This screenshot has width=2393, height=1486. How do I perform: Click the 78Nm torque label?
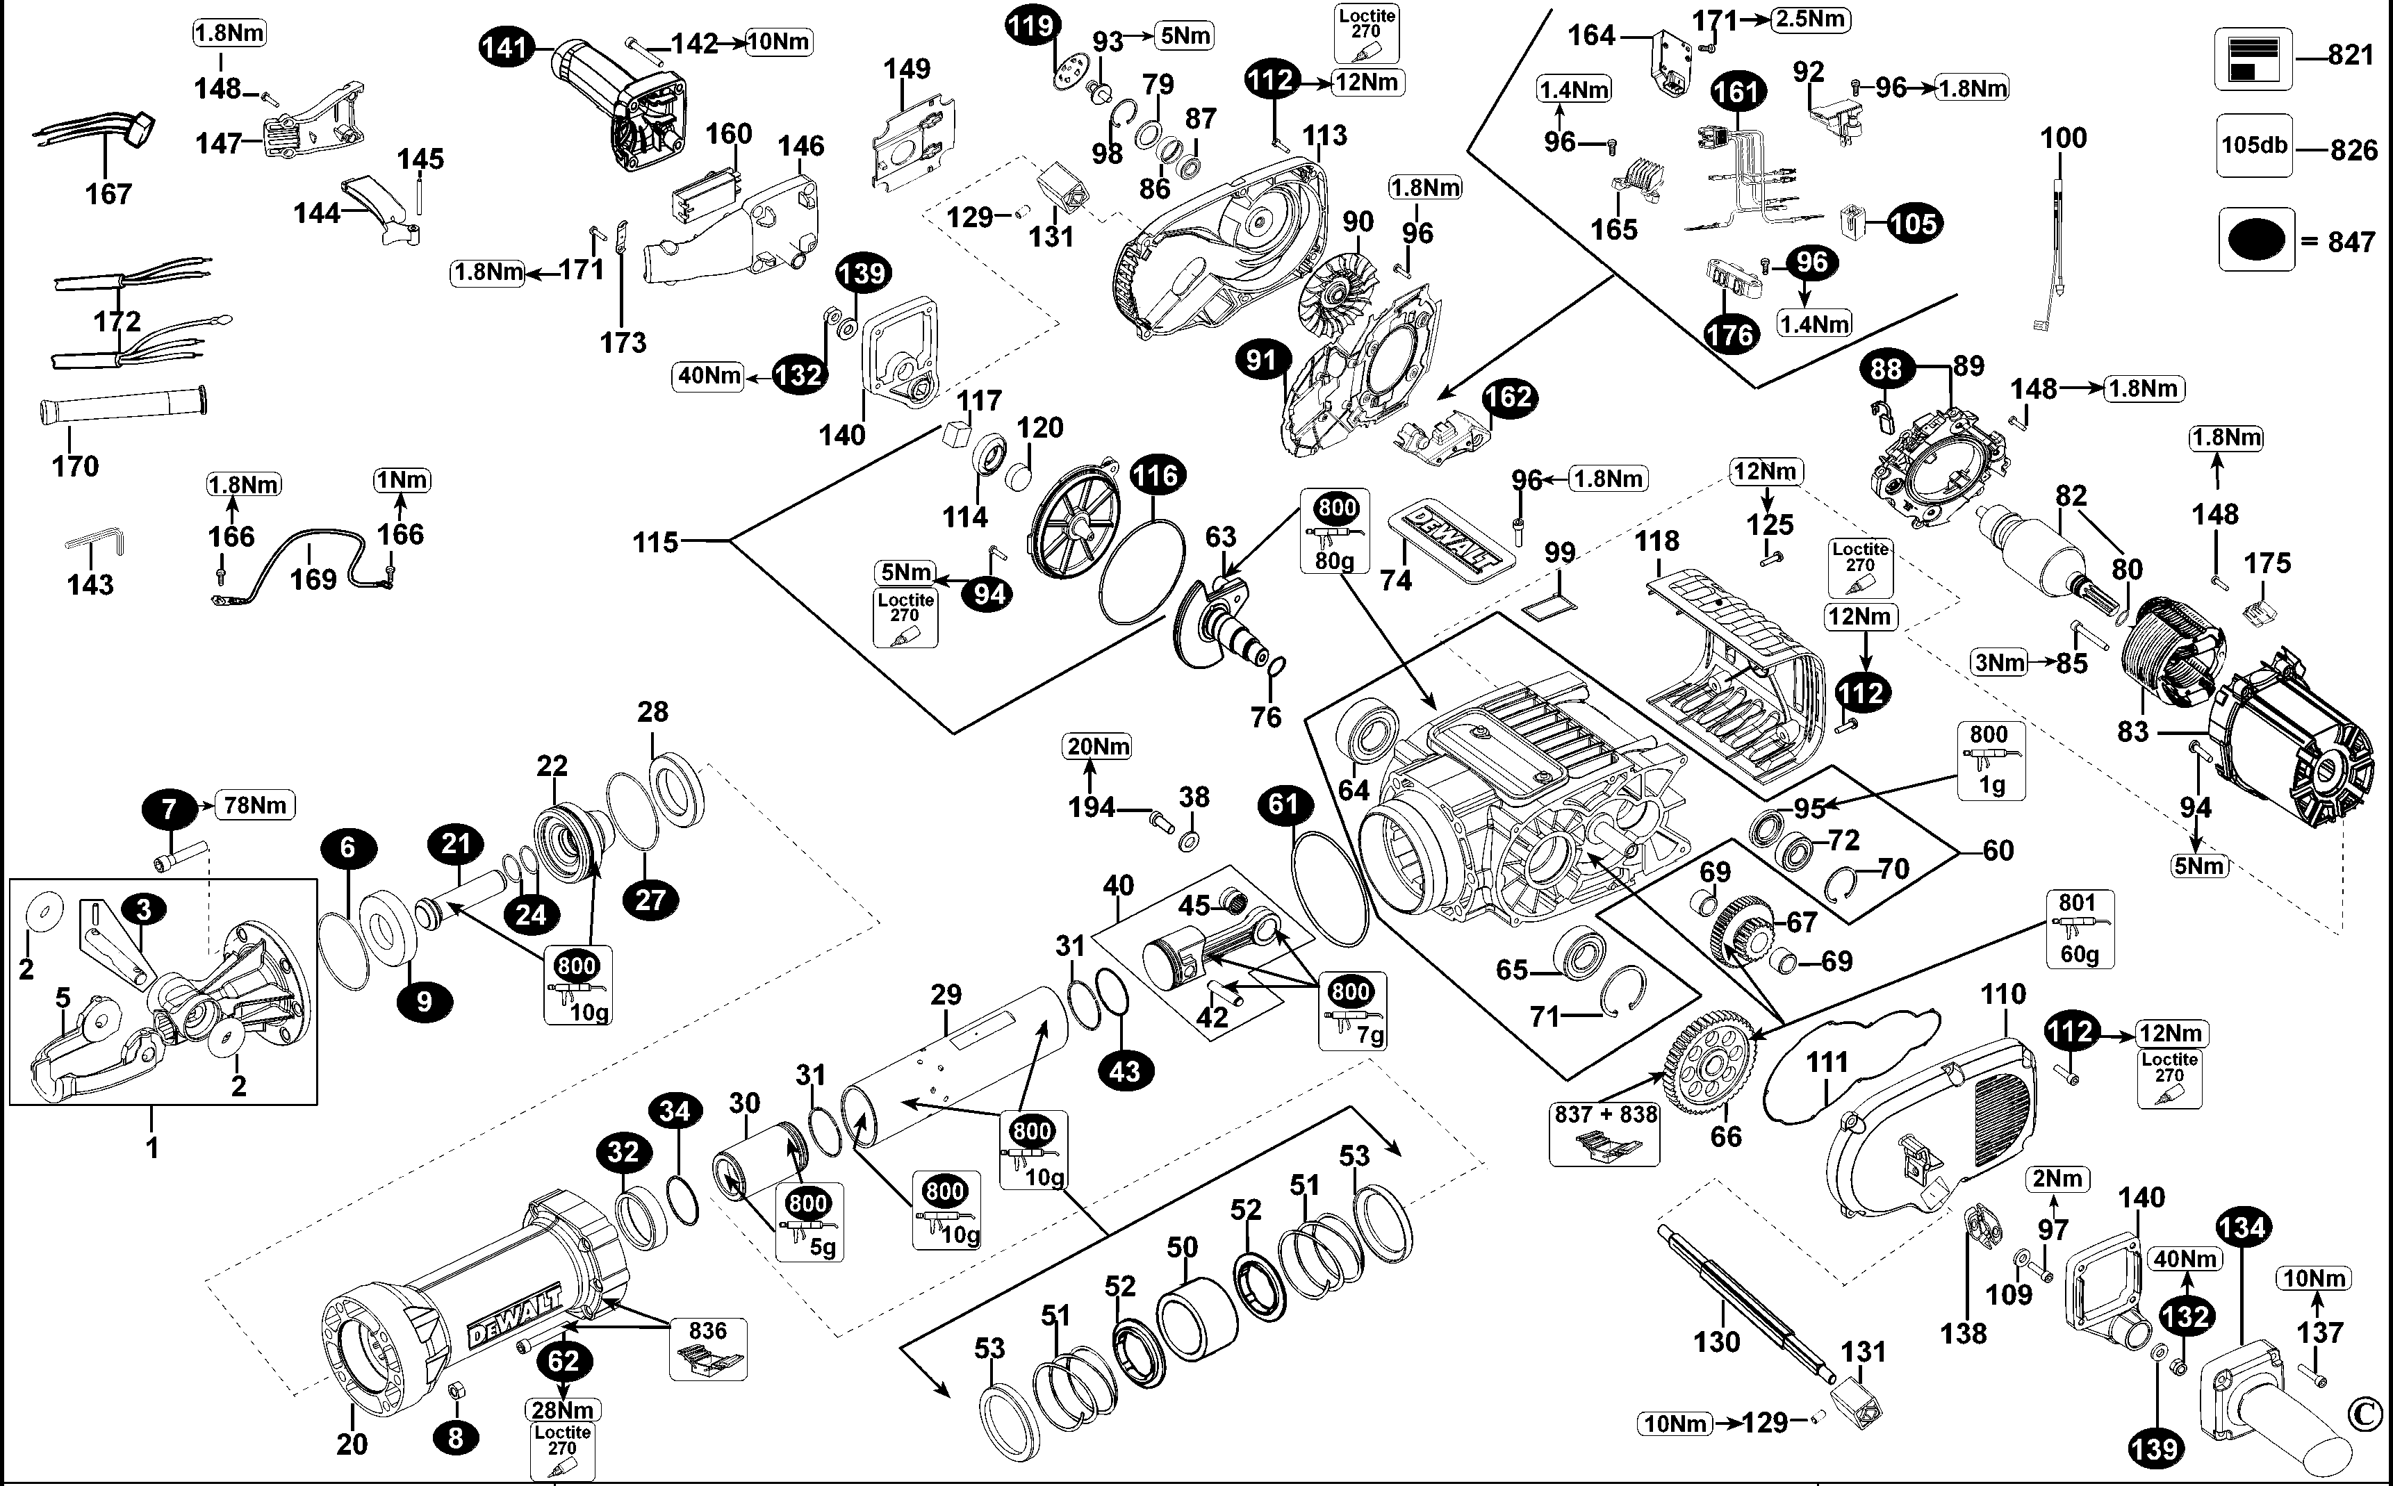pyautogui.click(x=254, y=805)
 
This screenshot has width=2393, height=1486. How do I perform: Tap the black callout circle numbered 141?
pyautogui.click(x=506, y=47)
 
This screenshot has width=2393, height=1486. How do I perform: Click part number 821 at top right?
pyautogui.click(x=2351, y=55)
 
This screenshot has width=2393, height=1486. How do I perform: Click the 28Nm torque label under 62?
pyautogui.click(x=562, y=1410)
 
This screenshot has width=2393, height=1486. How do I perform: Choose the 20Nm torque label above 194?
pyautogui.click(x=1098, y=747)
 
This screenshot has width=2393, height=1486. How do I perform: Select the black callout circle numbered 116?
pyautogui.click(x=1156, y=476)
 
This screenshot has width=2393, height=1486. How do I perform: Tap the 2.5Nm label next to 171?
pyautogui.click(x=1810, y=19)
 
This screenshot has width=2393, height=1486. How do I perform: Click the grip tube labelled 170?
pyautogui.click(x=123, y=405)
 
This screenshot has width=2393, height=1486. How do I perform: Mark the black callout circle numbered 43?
pyautogui.click(x=1124, y=1071)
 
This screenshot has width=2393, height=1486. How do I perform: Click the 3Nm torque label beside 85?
pyautogui.click(x=2000, y=662)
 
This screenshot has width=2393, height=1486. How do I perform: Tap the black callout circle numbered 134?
pyautogui.click(x=2243, y=1227)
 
